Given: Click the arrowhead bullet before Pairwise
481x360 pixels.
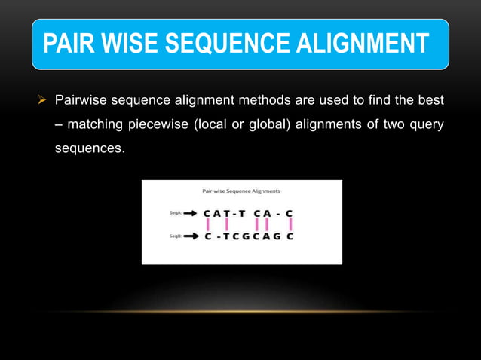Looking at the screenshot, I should tap(44, 99).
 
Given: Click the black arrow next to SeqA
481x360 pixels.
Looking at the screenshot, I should tap(190, 213).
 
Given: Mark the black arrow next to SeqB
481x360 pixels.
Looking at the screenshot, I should tap(190, 236).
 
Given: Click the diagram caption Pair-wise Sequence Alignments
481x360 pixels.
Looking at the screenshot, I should tap(241, 191).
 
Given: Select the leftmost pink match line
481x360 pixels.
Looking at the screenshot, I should tap(208, 224).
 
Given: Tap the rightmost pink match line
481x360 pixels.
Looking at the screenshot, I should tap(290, 224).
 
